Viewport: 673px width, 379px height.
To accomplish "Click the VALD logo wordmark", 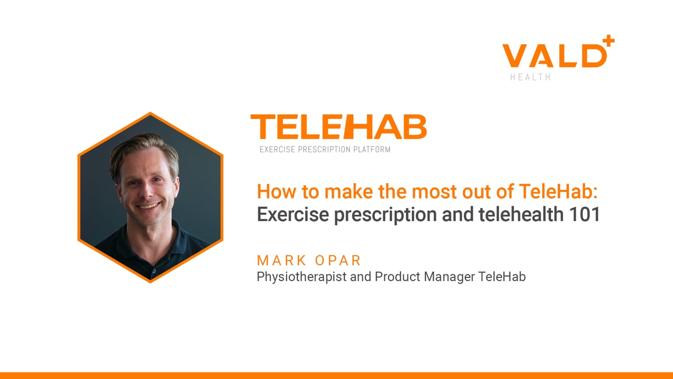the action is [555, 56].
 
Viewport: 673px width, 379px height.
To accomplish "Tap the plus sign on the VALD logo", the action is [608, 41].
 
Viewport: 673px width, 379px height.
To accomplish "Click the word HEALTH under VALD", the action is [531, 77].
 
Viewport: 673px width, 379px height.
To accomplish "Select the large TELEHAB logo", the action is [339, 127].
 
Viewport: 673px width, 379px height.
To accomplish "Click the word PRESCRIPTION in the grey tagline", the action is [324, 149].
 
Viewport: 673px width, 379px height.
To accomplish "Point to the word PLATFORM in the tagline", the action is [372, 149].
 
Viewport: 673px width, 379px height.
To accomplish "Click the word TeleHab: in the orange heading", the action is [558, 191].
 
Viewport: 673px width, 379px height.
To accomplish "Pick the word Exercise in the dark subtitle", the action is [293, 214].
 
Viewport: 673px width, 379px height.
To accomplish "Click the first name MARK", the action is [281, 261].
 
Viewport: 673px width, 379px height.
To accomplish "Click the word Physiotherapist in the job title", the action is [302, 277].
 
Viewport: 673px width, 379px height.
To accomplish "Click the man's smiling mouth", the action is [148, 206].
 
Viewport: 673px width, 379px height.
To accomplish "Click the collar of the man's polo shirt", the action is [153, 253].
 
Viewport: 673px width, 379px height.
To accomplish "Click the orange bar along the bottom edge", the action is [336, 376].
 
